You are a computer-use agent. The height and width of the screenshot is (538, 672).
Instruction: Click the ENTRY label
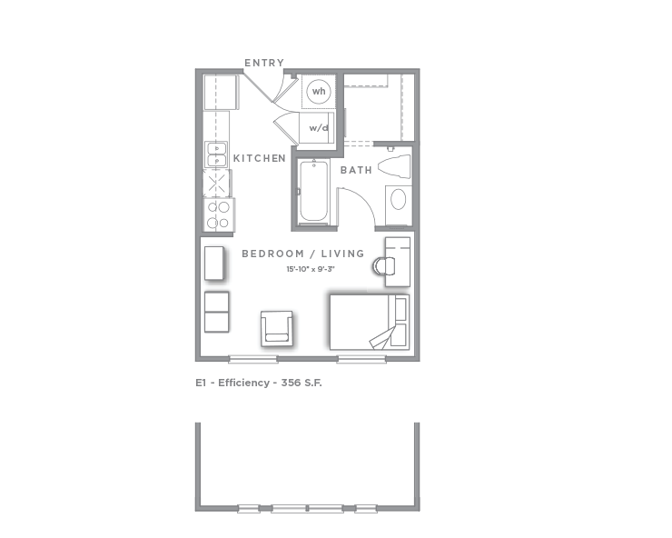coord(263,63)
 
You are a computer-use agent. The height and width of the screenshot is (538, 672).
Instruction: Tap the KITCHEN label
coord(260,158)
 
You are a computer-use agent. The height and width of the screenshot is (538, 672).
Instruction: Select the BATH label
coord(356,170)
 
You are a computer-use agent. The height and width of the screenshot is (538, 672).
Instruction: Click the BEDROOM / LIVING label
coord(302,254)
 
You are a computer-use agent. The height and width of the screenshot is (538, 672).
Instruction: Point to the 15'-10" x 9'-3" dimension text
coord(311,269)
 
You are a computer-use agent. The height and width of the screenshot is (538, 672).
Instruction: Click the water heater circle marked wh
coord(319,92)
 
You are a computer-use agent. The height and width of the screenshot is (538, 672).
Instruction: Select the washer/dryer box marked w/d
coord(319,127)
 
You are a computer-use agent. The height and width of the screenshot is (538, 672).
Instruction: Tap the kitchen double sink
coord(216,154)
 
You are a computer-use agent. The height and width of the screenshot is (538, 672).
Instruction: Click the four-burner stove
coord(219,214)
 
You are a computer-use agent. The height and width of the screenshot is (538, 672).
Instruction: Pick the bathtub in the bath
coord(313,192)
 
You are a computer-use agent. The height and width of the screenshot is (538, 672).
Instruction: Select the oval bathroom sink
coord(398,199)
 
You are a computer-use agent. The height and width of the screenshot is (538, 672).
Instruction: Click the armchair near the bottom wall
coord(277,328)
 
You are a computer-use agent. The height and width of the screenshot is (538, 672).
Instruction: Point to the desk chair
coord(382,266)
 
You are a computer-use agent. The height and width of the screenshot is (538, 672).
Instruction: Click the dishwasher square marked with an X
coord(216,184)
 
